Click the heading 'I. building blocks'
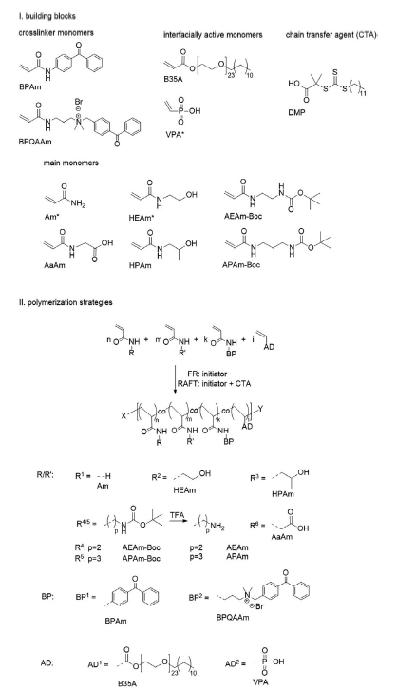pyautogui.click(x=47, y=16)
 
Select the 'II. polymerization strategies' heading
pyautogui.click(x=66, y=302)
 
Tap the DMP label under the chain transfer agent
pyautogui.click(x=296, y=113)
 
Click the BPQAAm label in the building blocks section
pyautogui.click(x=35, y=142)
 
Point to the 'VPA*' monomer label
pyautogui.click(x=174, y=134)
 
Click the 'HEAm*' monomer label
pyautogui.click(x=142, y=218)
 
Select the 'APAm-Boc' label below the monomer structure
pyautogui.click(x=241, y=264)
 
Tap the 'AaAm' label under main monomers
pyautogui.click(x=54, y=265)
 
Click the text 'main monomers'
pyautogui.click(x=71, y=163)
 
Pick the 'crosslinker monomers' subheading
pyautogui.click(x=56, y=32)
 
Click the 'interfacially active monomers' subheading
pyautogui.click(x=213, y=34)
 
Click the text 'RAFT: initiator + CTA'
pyautogui.click(x=214, y=384)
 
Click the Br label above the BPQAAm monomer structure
pyautogui.click(x=79, y=102)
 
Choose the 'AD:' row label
pyautogui.click(x=47, y=662)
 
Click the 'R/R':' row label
pyautogui.click(x=46, y=475)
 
